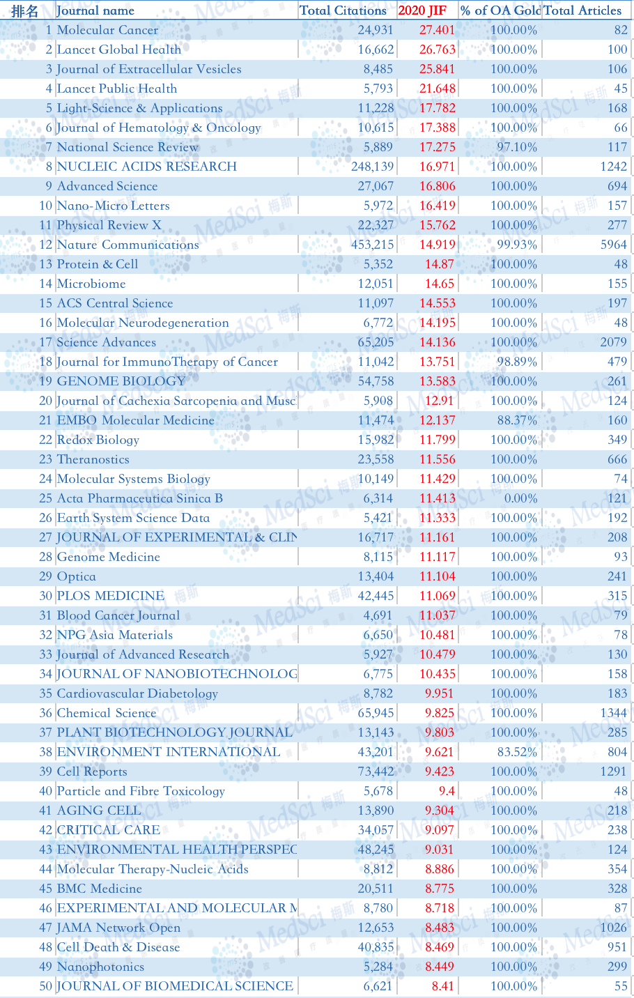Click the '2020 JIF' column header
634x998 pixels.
click(x=422, y=10)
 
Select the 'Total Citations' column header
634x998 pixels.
click(x=343, y=10)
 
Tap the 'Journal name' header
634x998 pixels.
click(x=95, y=10)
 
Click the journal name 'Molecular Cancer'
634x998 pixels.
click(x=107, y=30)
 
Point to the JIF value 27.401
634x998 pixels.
click(x=437, y=30)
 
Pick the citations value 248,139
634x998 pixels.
click(x=373, y=167)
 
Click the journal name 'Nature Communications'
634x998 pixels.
click(x=128, y=245)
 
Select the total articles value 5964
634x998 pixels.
click(x=614, y=245)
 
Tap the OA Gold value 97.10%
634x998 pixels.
click(x=517, y=147)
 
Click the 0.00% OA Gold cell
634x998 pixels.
click(x=520, y=498)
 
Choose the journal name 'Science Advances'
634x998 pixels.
click(x=107, y=342)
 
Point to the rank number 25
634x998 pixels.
click(x=46, y=498)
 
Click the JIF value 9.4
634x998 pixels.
click(x=447, y=791)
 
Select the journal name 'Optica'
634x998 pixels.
click(x=76, y=576)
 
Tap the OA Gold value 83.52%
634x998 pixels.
click(x=517, y=752)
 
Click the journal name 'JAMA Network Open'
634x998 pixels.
click(x=118, y=928)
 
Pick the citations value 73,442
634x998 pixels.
click(x=376, y=771)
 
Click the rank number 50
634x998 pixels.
click(x=46, y=986)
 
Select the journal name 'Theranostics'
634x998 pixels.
click(x=93, y=459)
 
